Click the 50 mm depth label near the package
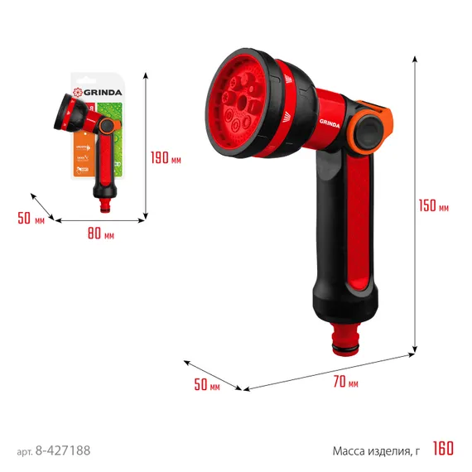coord(30,219)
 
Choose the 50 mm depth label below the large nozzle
coord(207,385)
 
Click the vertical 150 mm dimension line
coord(414,207)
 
